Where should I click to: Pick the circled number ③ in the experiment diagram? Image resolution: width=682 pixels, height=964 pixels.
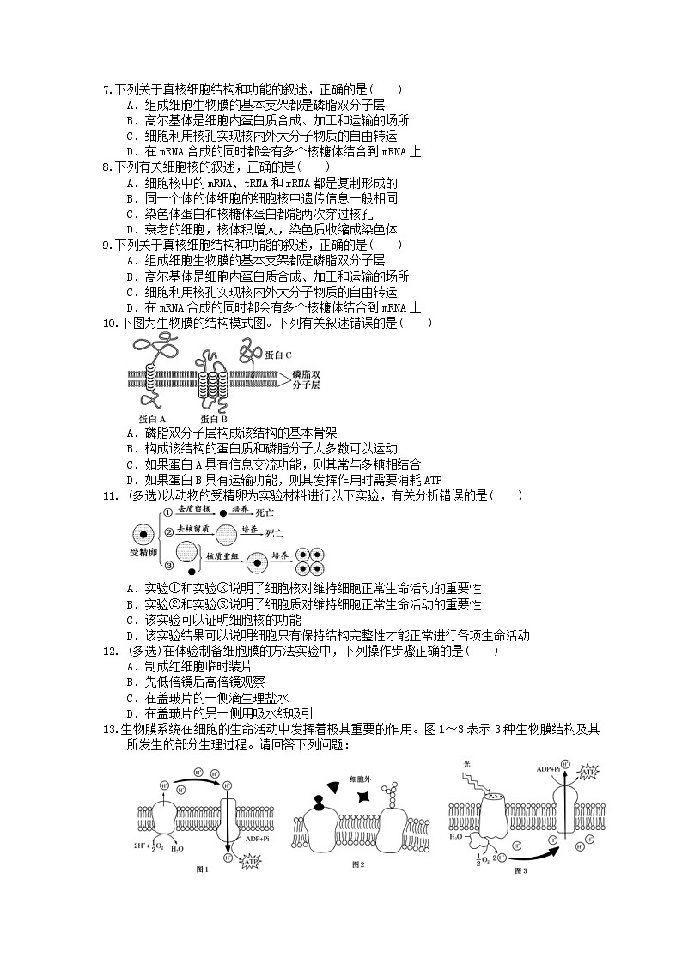pos(168,565)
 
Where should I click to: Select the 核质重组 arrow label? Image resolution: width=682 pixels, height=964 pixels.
pos(220,555)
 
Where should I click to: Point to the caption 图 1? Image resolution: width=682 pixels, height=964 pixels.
pos(204,870)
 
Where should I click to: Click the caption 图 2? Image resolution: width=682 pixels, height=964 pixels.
pos(359,864)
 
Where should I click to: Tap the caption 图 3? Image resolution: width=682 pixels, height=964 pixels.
pos(521,870)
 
